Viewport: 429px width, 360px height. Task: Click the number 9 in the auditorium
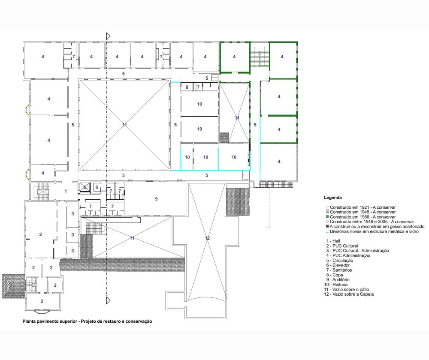coord(156,199)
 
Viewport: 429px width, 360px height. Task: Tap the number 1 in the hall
coord(66,191)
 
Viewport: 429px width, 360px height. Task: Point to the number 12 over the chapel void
coord(207,238)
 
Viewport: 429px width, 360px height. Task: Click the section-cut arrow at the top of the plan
coord(108,36)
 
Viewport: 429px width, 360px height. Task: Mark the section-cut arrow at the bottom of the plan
coord(108,301)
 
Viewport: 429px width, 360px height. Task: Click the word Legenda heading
coord(333,198)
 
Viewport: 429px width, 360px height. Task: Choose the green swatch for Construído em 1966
coord(327,217)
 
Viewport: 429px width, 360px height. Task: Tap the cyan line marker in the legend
coord(327,232)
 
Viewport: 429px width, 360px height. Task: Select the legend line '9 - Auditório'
coord(338,279)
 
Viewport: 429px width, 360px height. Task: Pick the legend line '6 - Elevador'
coord(338,265)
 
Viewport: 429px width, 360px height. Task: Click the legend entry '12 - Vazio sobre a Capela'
coord(349,294)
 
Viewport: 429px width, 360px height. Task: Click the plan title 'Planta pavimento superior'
coord(50,321)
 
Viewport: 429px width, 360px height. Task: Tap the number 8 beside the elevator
coord(97,188)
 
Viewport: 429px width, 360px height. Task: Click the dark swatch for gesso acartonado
coord(327,226)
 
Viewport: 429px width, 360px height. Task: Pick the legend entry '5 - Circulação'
coord(339,261)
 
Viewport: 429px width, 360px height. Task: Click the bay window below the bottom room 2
coord(42,311)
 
